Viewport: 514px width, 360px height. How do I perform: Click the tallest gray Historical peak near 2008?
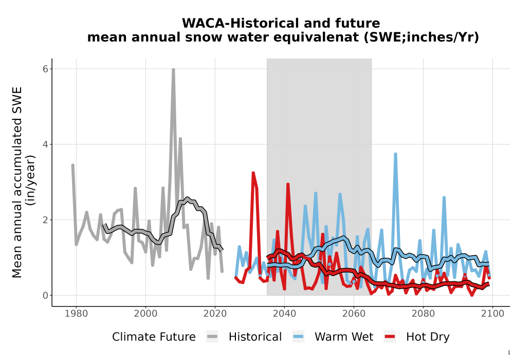173,70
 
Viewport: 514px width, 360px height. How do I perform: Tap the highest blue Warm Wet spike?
395,154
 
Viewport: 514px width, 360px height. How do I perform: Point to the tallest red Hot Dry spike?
253,173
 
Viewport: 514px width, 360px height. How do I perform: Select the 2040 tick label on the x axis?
284,313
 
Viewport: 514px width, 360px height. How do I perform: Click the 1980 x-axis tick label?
76,313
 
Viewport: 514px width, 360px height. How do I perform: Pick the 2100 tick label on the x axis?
492,313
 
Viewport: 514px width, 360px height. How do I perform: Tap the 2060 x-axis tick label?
354,313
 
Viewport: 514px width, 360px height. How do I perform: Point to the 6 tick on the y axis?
45,68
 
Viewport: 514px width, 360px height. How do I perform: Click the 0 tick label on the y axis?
45,295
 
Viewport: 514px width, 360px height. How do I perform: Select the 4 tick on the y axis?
45,145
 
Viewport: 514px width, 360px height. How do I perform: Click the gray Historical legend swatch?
212,337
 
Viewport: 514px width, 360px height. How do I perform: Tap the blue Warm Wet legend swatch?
298,337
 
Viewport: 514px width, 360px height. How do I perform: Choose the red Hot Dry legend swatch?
390,337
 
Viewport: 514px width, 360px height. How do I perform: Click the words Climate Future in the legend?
154,337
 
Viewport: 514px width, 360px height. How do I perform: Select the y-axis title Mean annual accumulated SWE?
17,182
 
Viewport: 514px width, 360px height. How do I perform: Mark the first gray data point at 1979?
73,165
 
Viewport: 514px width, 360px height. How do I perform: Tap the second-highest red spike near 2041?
288,185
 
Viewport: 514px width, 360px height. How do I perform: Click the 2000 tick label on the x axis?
145,313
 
